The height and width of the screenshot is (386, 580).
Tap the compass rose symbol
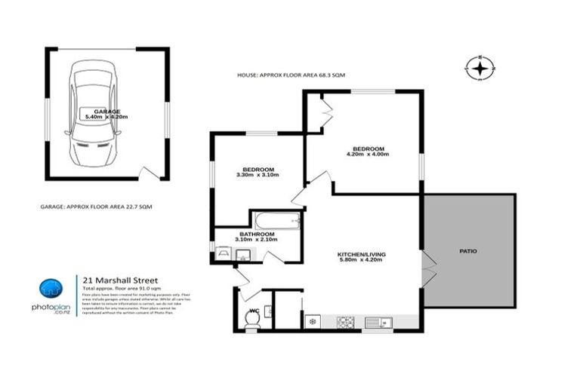pos(480,69)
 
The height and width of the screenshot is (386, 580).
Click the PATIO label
pos(468,251)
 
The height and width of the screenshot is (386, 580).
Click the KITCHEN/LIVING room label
pos(361,255)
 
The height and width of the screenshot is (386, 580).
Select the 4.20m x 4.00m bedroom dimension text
pos(366,155)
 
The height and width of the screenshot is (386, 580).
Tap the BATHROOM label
pos(257,234)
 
